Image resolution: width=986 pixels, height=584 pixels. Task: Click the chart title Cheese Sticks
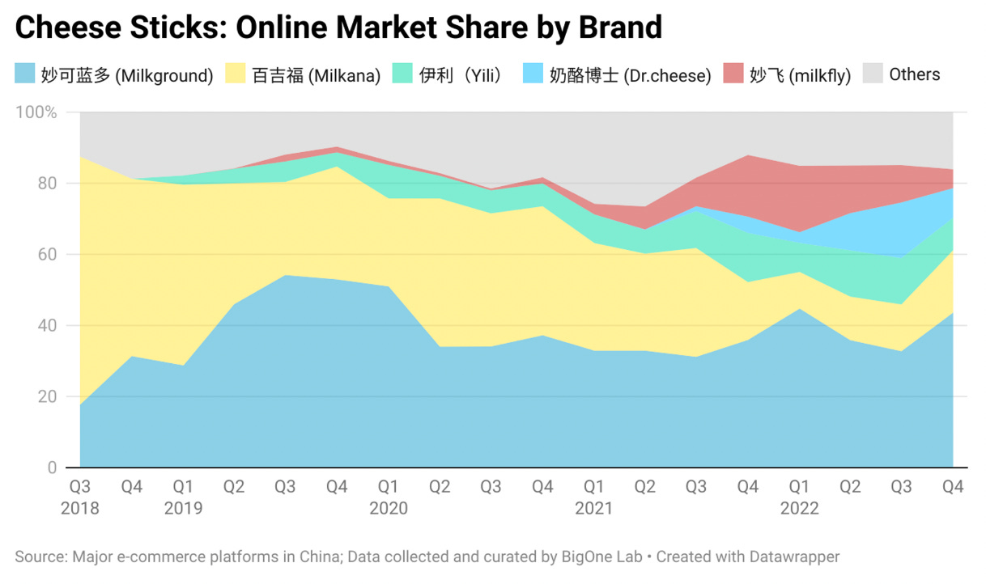pos(338,28)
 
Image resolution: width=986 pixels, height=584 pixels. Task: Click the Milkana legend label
pos(316,75)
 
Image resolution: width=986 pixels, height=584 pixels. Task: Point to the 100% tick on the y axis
pos(36,112)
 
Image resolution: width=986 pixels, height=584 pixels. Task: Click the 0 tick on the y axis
pos(52,468)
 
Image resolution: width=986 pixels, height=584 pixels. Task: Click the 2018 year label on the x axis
pos(79,509)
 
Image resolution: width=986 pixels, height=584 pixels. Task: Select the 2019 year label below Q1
pos(183,509)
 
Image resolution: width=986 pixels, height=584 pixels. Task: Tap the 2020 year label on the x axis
pos(389,509)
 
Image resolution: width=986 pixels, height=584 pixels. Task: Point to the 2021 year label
pos(593,509)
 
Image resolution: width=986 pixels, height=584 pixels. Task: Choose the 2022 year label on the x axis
pos(799,509)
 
